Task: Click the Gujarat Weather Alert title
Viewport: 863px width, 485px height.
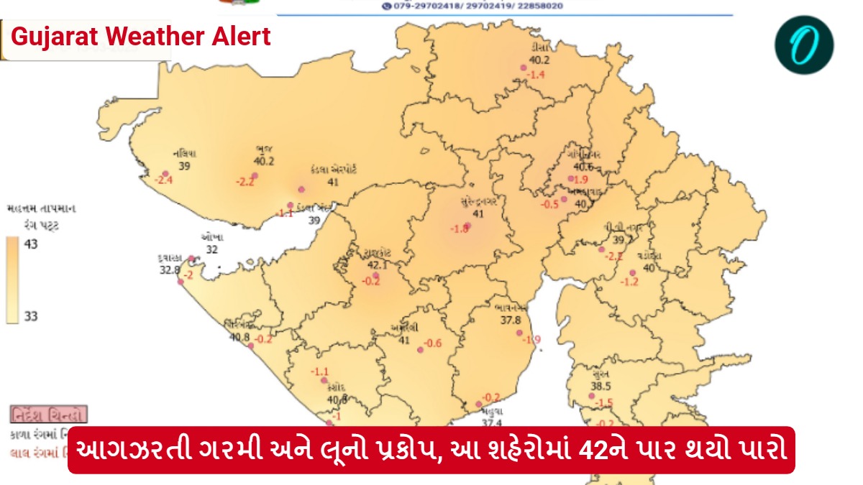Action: pyautogui.click(x=141, y=36)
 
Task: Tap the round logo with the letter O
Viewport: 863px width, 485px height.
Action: pyautogui.click(x=804, y=45)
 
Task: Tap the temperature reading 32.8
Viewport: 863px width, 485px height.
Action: pyautogui.click(x=170, y=270)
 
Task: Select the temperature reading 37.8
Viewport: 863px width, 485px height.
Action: pyautogui.click(x=511, y=320)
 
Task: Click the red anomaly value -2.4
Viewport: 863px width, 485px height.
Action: pyautogui.click(x=165, y=180)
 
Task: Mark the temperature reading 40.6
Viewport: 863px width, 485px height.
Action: pyautogui.click(x=583, y=167)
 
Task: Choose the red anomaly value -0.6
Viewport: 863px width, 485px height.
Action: pyautogui.click(x=433, y=343)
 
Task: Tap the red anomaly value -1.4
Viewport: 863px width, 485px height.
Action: pyautogui.click(x=536, y=74)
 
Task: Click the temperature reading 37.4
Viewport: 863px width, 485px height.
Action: pyautogui.click(x=491, y=423)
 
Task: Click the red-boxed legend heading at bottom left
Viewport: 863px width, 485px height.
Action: pyautogui.click(x=49, y=415)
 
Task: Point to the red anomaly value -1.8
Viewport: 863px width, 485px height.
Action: pyautogui.click(x=460, y=228)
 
